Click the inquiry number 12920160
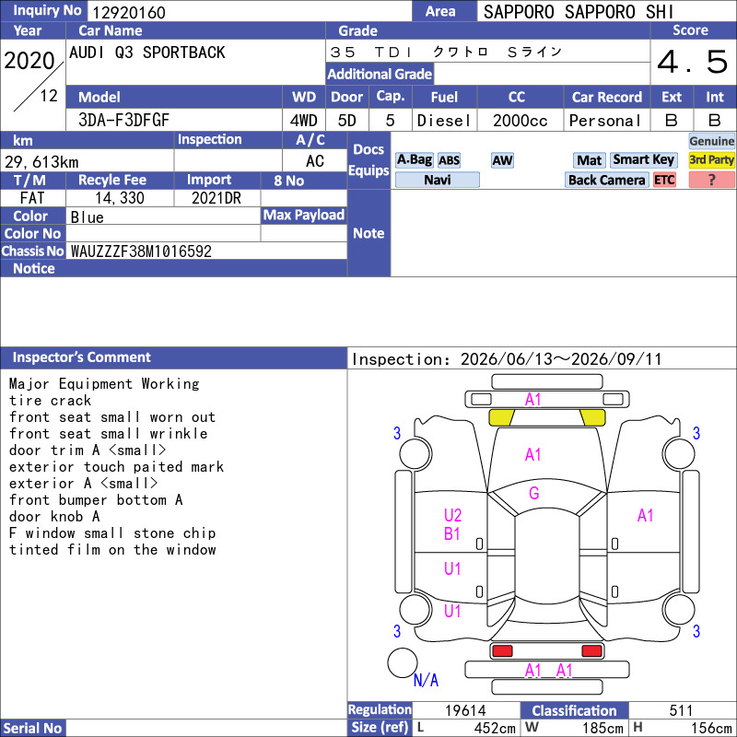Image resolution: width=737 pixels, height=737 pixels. point(129,12)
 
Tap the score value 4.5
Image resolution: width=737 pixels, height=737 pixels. point(693,62)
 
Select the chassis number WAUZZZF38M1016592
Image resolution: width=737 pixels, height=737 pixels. point(141,251)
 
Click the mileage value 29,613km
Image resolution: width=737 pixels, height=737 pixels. point(41,162)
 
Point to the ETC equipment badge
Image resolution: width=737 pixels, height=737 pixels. point(664,180)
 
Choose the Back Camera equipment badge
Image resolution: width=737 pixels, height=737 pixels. point(606,180)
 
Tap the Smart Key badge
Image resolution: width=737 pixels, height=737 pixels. point(643,159)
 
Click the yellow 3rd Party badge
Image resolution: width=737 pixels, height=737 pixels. point(711,159)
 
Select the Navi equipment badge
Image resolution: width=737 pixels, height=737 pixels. point(437,180)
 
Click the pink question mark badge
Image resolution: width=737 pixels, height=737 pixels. point(711,180)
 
